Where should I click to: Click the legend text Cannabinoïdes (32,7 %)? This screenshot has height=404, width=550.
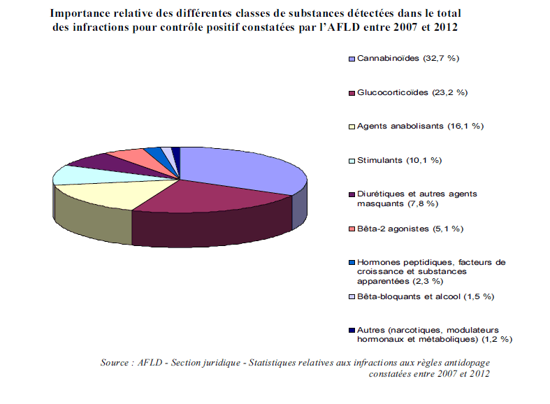(x=407, y=58)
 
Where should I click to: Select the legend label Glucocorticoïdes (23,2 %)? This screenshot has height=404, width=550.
(x=412, y=92)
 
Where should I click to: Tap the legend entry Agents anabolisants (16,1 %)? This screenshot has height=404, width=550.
(x=420, y=126)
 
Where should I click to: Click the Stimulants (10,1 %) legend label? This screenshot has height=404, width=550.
(x=399, y=160)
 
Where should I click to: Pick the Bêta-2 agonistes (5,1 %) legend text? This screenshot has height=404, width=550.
(x=410, y=229)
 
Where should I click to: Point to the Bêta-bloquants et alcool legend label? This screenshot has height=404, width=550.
(x=425, y=296)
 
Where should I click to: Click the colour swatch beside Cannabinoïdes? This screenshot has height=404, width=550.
(x=352, y=58)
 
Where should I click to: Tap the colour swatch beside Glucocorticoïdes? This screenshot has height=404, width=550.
(x=352, y=92)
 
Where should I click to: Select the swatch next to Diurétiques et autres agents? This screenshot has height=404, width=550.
(x=352, y=194)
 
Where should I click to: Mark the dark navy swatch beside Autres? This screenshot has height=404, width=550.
(x=352, y=331)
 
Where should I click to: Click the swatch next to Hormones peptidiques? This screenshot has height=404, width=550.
(x=352, y=263)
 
